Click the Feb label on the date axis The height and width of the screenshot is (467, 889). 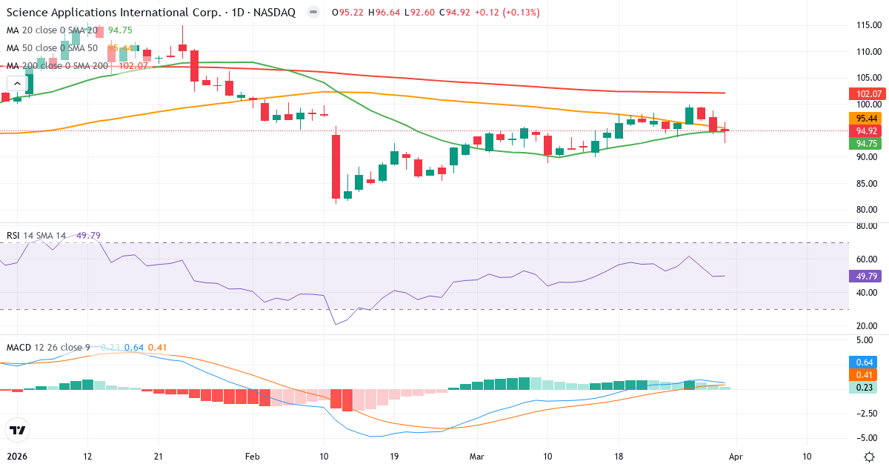253,456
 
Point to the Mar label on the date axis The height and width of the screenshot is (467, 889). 476,456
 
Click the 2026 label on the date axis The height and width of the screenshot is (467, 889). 18,456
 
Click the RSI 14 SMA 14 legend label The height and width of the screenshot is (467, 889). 36,236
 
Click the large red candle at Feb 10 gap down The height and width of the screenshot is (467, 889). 336,167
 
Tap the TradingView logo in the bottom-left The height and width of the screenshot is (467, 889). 18,429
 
